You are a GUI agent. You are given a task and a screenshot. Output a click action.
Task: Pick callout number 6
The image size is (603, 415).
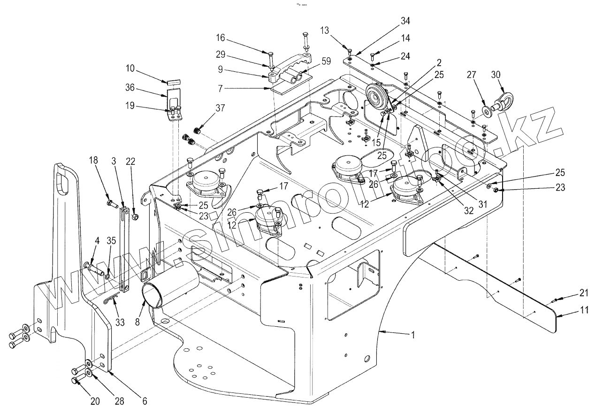pyautogui.click(x=145, y=401)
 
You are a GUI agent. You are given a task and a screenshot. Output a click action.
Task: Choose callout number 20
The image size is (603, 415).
pyautogui.click(x=95, y=401)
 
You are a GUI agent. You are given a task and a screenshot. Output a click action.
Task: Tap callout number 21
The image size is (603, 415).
pyautogui.click(x=583, y=293)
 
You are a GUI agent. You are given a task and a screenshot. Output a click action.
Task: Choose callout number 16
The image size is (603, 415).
pyautogui.click(x=221, y=37)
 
